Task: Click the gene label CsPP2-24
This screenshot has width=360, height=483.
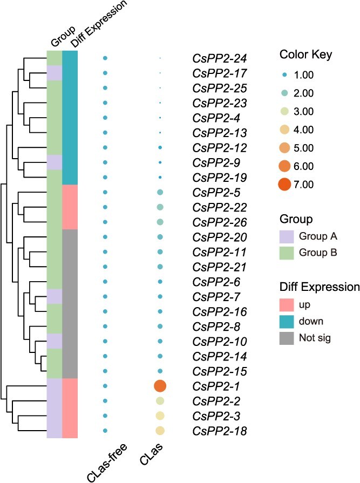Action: pos(220,58)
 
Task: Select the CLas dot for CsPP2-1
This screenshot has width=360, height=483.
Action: pos(160,386)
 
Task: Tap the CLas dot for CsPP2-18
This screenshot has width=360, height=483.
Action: pos(160,431)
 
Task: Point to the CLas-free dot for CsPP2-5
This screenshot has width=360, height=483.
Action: pos(105,192)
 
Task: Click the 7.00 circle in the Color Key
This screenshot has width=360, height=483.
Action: pos(284,185)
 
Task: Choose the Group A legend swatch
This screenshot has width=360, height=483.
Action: pos(287,236)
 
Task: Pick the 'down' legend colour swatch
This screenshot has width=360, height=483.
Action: pos(287,321)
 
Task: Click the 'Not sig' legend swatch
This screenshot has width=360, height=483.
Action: pos(287,338)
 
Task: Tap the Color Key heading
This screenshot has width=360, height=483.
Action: pos(305,55)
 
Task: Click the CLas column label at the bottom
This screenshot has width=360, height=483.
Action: pos(152,454)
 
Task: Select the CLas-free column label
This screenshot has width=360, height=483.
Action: pos(107,462)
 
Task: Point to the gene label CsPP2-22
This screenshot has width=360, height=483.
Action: pos(220,207)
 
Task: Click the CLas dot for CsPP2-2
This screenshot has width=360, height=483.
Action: pos(160,401)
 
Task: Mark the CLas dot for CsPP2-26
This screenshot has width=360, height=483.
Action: pos(160,222)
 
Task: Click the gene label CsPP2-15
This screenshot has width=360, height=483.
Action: pos(220,371)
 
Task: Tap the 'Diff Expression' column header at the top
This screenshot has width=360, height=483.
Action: pos(99,24)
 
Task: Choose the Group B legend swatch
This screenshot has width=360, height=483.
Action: pos(287,253)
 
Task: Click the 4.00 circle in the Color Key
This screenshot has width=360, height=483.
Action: pos(284,130)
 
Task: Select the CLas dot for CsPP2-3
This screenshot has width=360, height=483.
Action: pos(160,416)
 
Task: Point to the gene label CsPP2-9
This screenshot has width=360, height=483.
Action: pos(216,162)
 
